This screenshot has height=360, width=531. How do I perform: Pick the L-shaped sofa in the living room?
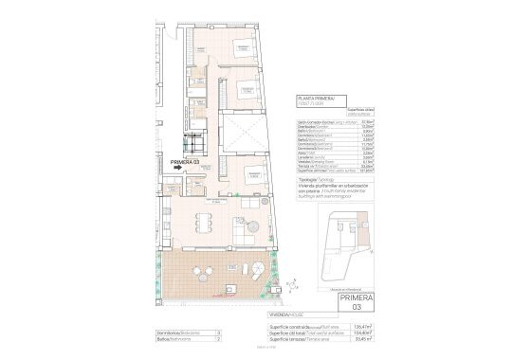(248, 233)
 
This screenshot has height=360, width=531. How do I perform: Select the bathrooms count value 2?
(219, 340)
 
